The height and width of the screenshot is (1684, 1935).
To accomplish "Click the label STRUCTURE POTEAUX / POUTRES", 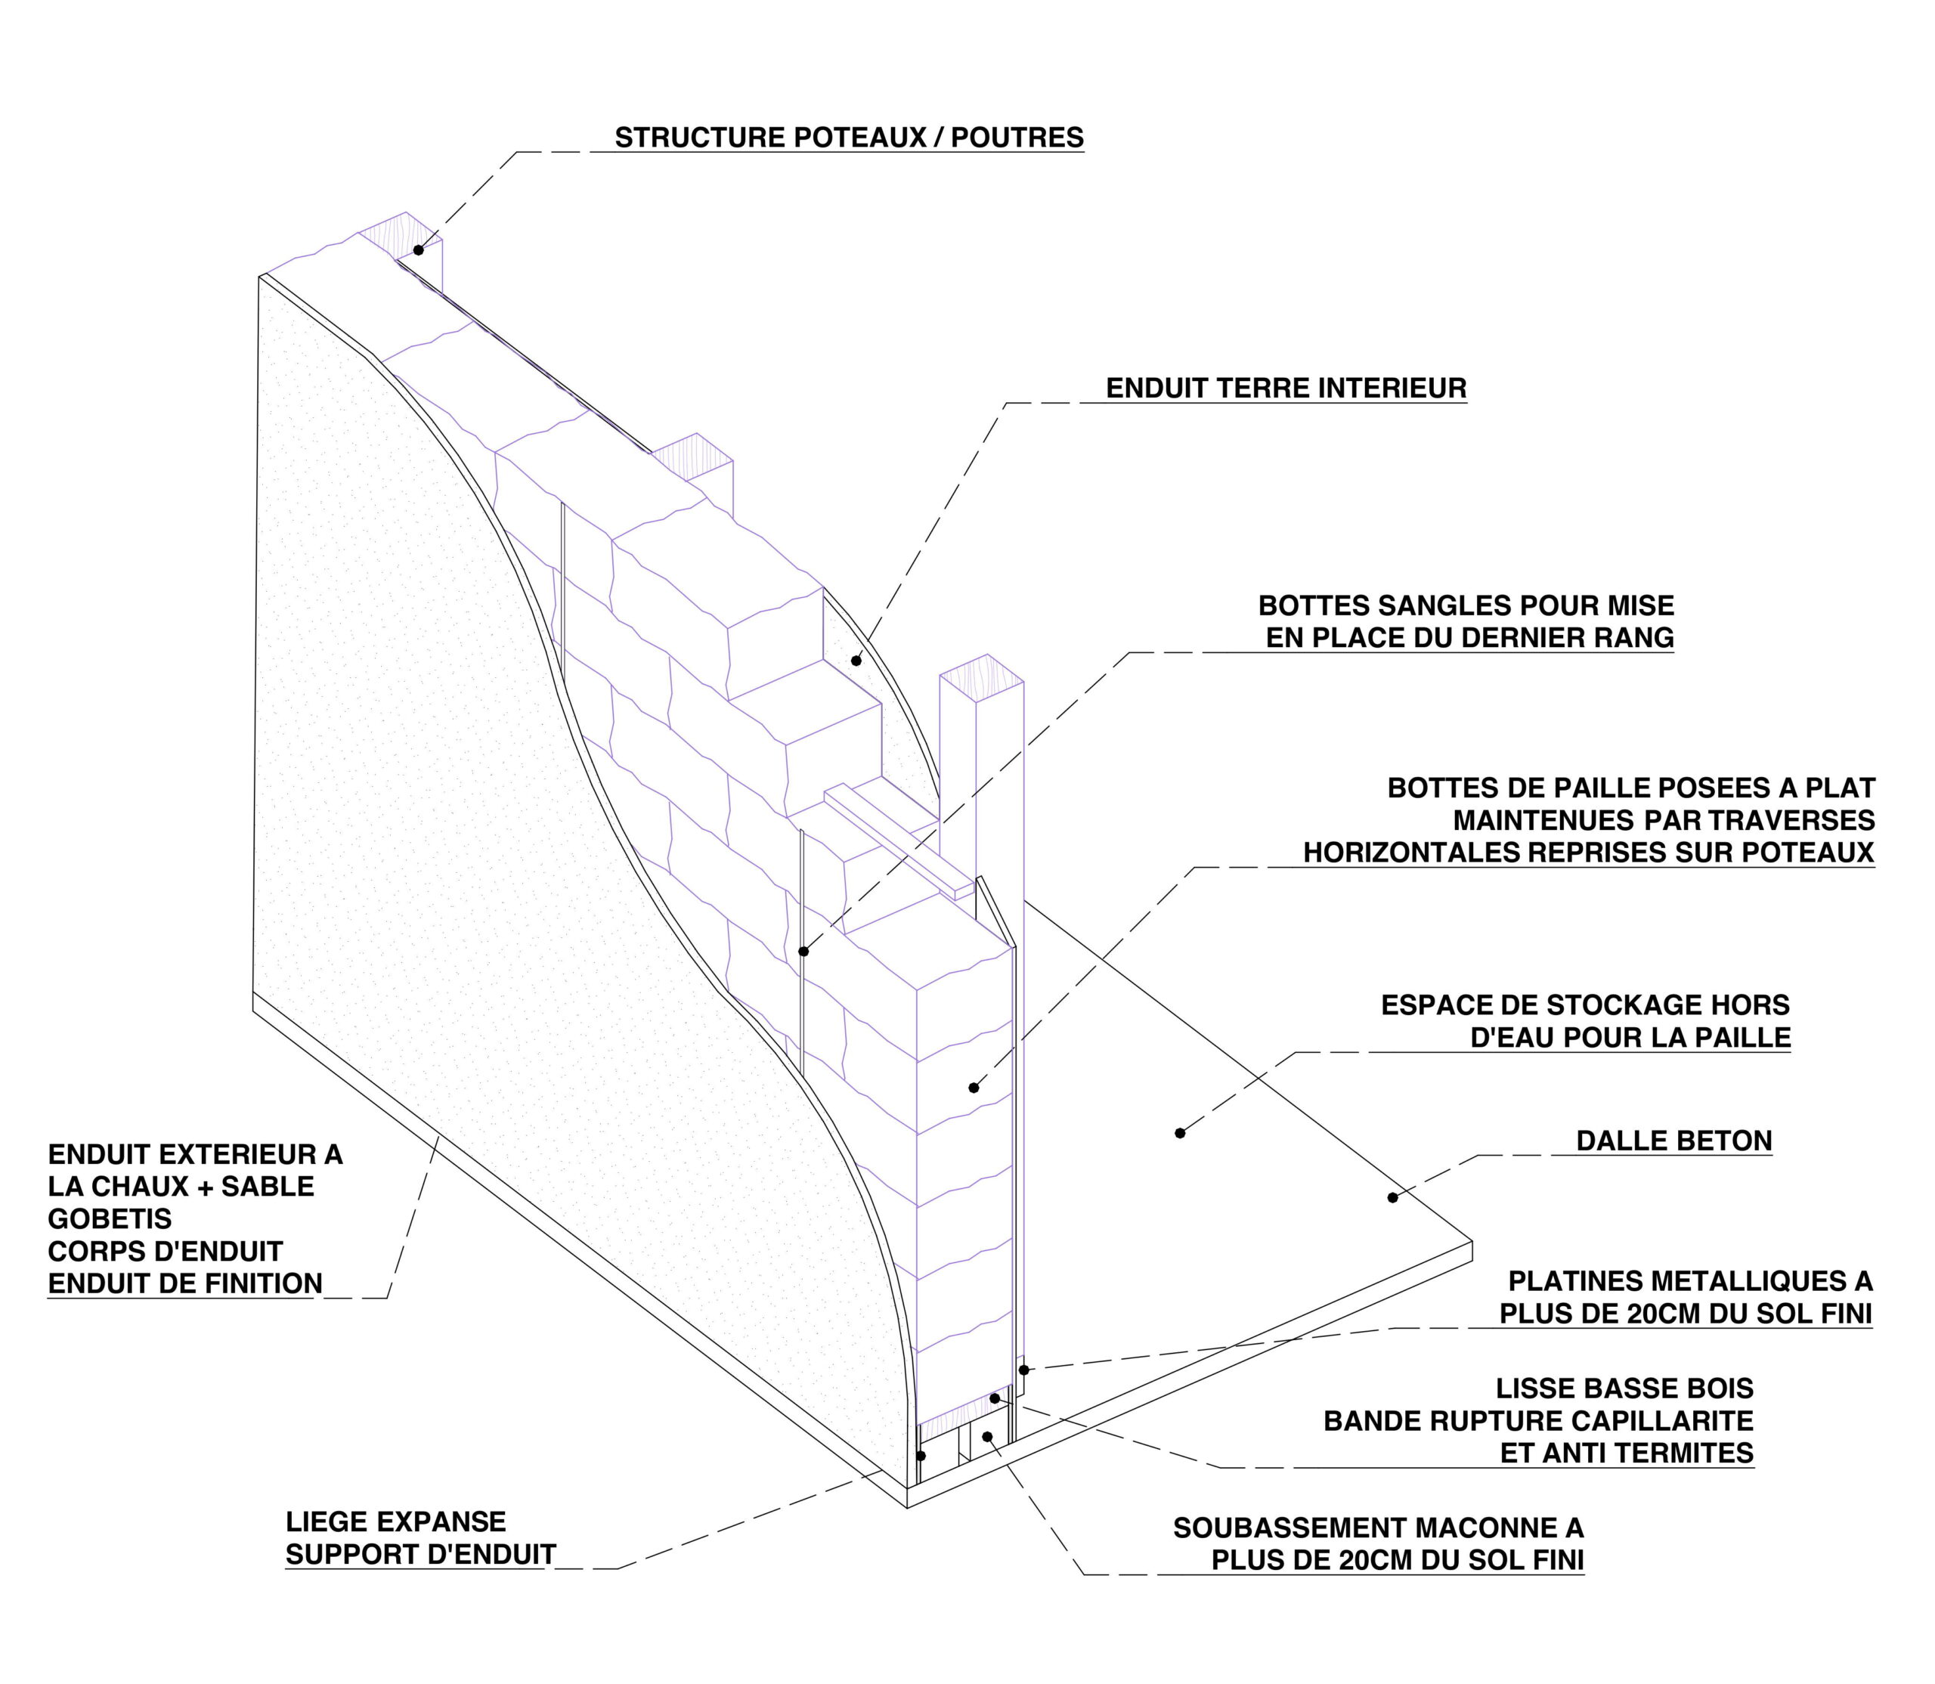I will point(849,138).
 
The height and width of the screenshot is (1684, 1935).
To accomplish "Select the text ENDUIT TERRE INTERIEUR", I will point(1286,388).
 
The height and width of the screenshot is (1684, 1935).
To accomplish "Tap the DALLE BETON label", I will point(1673,1141).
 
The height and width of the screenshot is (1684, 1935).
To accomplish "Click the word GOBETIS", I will point(110,1219).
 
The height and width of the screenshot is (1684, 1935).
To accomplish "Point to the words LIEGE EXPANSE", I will point(395,1521).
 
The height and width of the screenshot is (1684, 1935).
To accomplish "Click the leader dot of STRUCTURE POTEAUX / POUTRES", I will point(418,250).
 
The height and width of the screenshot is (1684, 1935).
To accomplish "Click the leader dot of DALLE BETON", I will point(1393,1197).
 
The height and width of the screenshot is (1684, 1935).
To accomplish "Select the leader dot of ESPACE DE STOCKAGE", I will point(1181,1133).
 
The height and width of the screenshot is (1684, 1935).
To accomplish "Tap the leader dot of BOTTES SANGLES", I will point(803,952).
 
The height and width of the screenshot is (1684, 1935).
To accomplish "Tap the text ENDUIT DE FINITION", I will point(185,1283).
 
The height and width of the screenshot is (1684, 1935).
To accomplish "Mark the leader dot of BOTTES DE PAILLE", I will point(974,1088).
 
